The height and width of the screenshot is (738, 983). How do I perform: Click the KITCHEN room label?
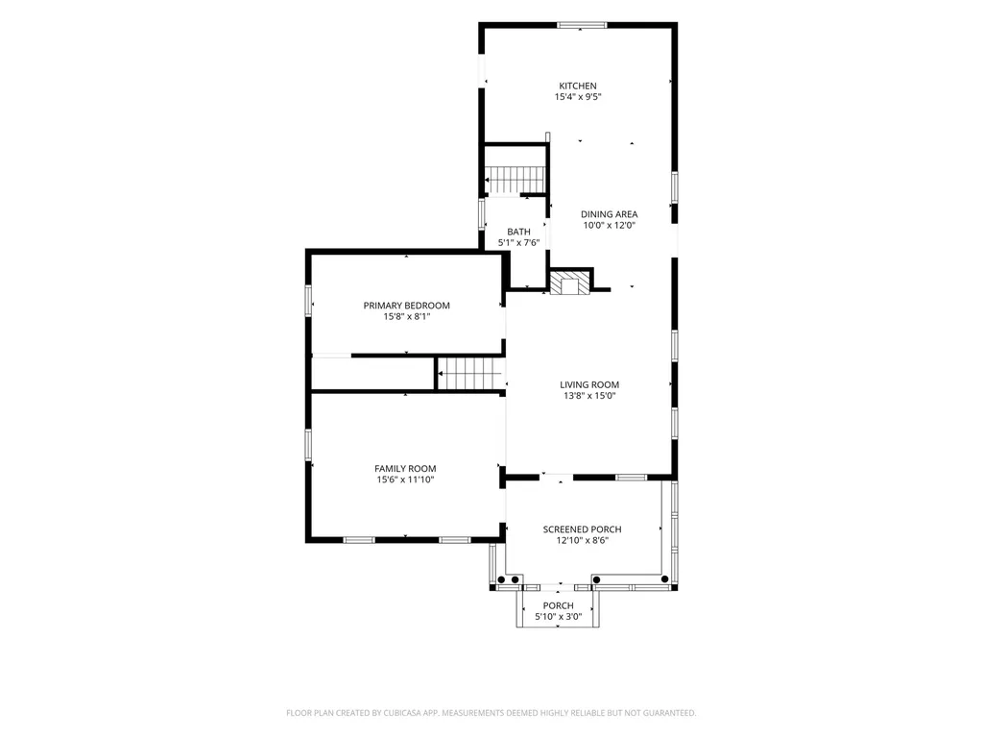[578, 86]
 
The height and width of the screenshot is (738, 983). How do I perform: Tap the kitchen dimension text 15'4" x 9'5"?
[578, 97]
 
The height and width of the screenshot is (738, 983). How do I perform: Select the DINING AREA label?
[610, 214]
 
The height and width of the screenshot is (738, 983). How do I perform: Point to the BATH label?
[519, 232]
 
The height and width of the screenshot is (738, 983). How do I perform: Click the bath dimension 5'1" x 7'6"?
[519, 242]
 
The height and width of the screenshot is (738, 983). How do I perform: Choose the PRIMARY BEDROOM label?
[407, 306]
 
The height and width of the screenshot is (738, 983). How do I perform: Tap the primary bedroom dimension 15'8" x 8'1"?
[407, 316]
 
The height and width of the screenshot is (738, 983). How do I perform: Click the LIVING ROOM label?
[589, 384]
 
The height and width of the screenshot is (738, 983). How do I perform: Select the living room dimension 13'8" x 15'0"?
[589, 395]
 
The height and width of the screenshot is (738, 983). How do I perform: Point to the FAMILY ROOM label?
[406, 469]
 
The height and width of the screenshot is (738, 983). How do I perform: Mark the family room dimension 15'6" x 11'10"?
[406, 480]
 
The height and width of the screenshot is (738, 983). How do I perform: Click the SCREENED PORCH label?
[583, 529]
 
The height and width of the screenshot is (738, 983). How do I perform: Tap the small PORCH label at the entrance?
[559, 605]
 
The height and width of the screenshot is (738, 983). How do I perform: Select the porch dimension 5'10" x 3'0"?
[559, 616]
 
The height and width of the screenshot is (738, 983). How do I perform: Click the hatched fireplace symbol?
[570, 282]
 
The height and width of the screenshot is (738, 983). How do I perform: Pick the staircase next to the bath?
[515, 180]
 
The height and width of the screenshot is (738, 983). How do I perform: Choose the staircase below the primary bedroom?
[470, 374]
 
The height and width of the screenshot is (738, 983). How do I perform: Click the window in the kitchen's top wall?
[583, 25]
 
